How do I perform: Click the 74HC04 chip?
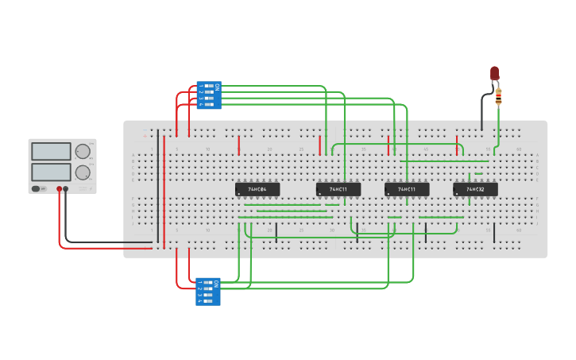pyautogui.click(x=257, y=189)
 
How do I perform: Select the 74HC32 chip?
pyautogui.click(x=475, y=189)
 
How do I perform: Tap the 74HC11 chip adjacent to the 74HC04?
pyautogui.click(x=338, y=189)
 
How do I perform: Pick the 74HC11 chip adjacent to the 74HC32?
pyautogui.click(x=407, y=189)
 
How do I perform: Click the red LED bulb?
pyautogui.click(x=494, y=74)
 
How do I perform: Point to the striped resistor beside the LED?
pyautogui.click(x=498, y=96)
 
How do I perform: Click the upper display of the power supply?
pyautogui.click(x=51, y=151)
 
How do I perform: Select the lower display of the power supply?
pyautogui.click(x=51, y=172)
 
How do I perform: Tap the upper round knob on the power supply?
pyautogui.click(x=83, y=151)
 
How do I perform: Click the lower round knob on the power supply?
pyautogui.click(x=83, y=172)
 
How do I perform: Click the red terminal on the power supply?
pyautogui.click(x=59, y=189)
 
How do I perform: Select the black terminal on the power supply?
pyautogui.click(x=66, y=189)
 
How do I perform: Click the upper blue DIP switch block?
pyautogui.click(x=209, y=95)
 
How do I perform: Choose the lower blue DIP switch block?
pyautogui.click(x=209, y=292)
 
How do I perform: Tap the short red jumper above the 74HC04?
pyautogui.click(x=239, y=145)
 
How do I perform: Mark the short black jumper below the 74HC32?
pyautogui.click(x=494, y=232)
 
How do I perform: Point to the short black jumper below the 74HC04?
pyautogui.click(x=276, y=232)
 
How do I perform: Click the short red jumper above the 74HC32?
pyautogui.click(x=458, y=145)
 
